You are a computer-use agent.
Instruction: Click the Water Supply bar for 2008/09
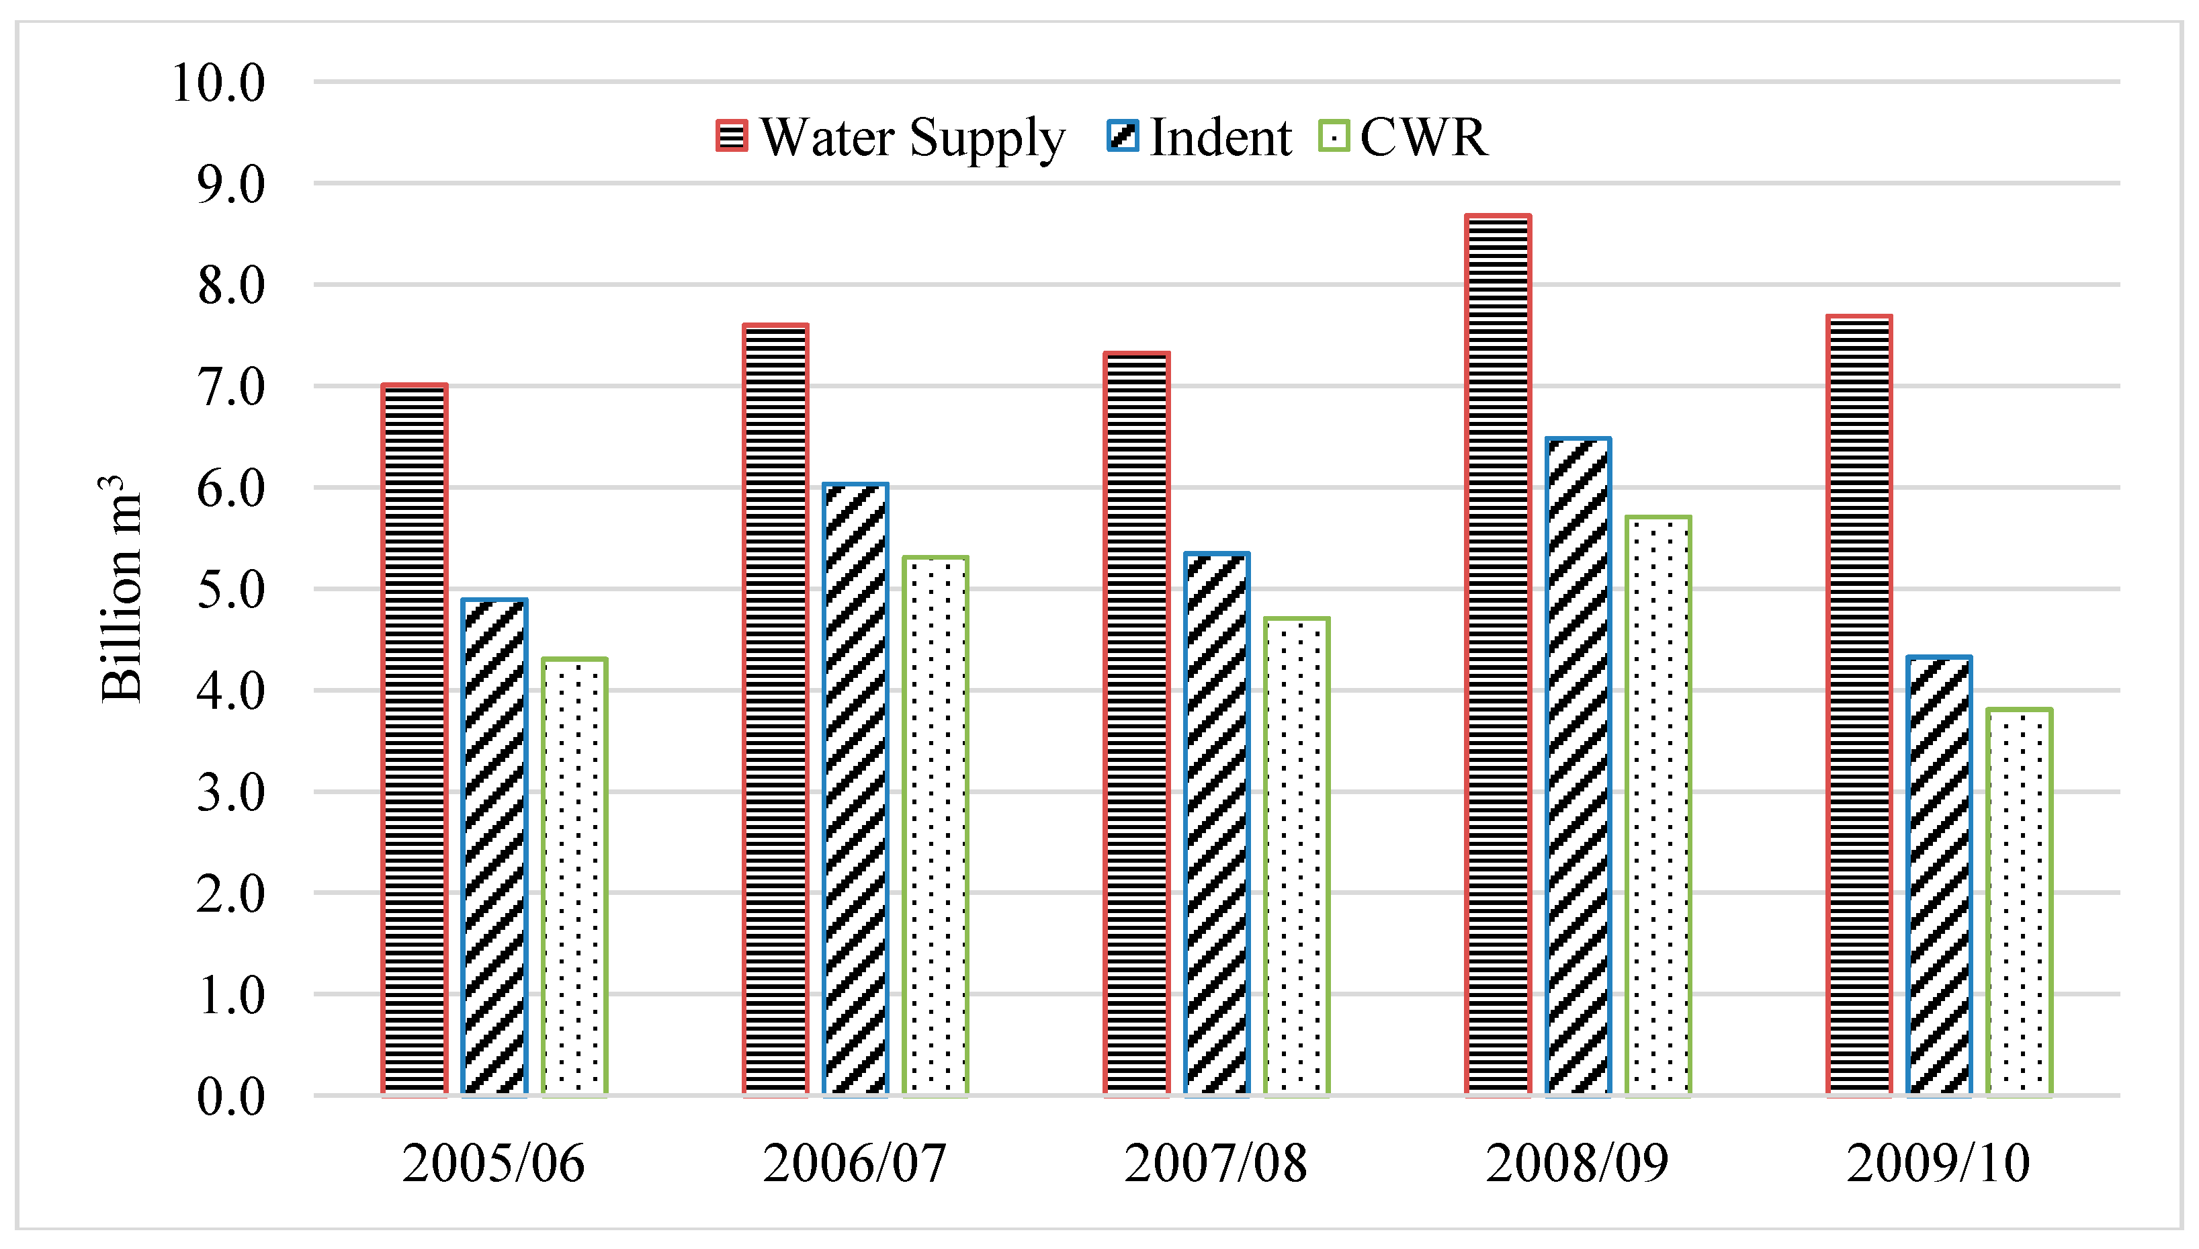coord(1498,656)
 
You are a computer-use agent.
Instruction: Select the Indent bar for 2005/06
coord(494,847)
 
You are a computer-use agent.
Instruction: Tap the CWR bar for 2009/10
coord(2020,902)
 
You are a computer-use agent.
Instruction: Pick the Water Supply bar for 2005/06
coord(415,740)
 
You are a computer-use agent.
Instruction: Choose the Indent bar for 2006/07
coord(855,790)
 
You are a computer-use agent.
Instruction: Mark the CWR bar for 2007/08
coord(1297,857)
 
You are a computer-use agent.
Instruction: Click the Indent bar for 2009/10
coord(1939,877)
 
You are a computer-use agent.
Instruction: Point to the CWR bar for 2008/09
coord(1658,806)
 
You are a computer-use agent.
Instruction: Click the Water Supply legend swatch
coord(732,136)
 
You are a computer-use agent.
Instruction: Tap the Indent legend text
coord(1219,137)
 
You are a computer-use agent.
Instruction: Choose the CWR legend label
coord(1424,137)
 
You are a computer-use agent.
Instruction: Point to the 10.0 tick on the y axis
coord(219,83)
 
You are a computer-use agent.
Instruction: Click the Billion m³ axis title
coord(120,589)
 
